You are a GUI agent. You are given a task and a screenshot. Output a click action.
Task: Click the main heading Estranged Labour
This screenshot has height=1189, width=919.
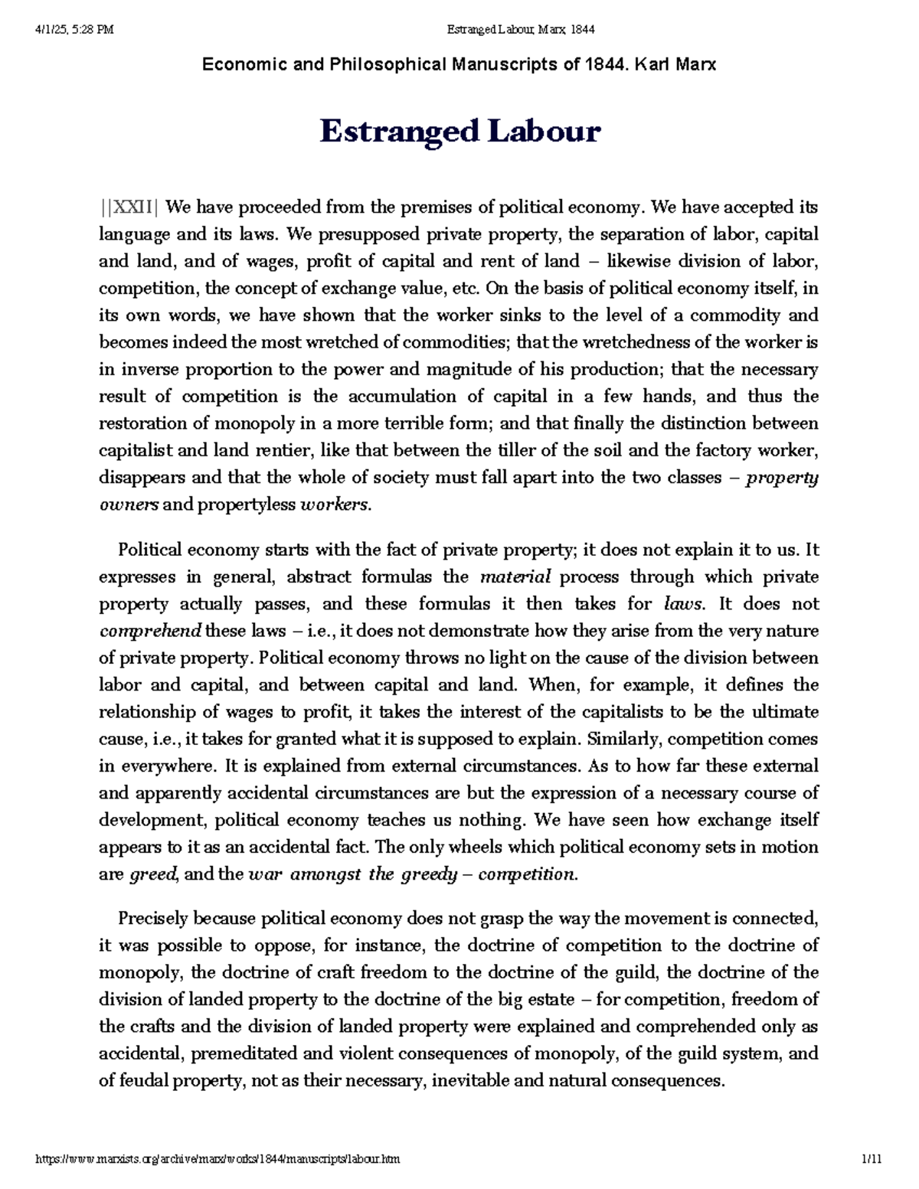coord(459,131)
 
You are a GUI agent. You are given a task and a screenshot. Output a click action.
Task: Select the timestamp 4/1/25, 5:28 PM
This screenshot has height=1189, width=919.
coord(74,30)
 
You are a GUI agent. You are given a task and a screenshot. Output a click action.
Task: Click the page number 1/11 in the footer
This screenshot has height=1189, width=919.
coord(872,1159)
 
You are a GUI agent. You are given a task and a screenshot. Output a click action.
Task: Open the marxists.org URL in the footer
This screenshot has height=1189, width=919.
coord(218,1159)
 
